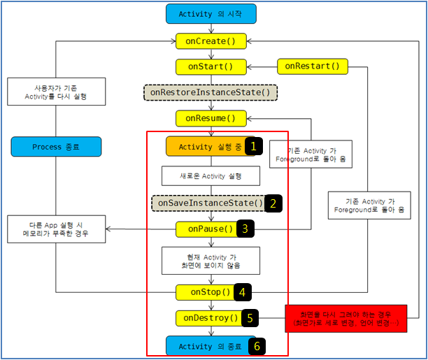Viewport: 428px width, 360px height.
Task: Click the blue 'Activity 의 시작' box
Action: [211, 14]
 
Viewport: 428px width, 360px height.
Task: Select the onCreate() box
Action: [211, 41]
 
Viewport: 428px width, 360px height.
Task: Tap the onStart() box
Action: [211, 67]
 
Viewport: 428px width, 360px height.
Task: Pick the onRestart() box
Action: [313, 66]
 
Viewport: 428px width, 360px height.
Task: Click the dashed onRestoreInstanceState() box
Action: [211, 92]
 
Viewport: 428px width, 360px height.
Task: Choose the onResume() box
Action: [211, 118]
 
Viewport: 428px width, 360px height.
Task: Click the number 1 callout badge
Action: [255, 146]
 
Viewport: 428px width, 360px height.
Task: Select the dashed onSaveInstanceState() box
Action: [208, 203]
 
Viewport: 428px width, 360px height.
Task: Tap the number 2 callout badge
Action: [274, 203]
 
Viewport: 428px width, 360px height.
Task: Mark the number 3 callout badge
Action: [245, 229]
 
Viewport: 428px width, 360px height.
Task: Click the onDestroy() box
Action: [208, 318]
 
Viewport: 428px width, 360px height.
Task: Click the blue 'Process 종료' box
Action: [57, 147]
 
